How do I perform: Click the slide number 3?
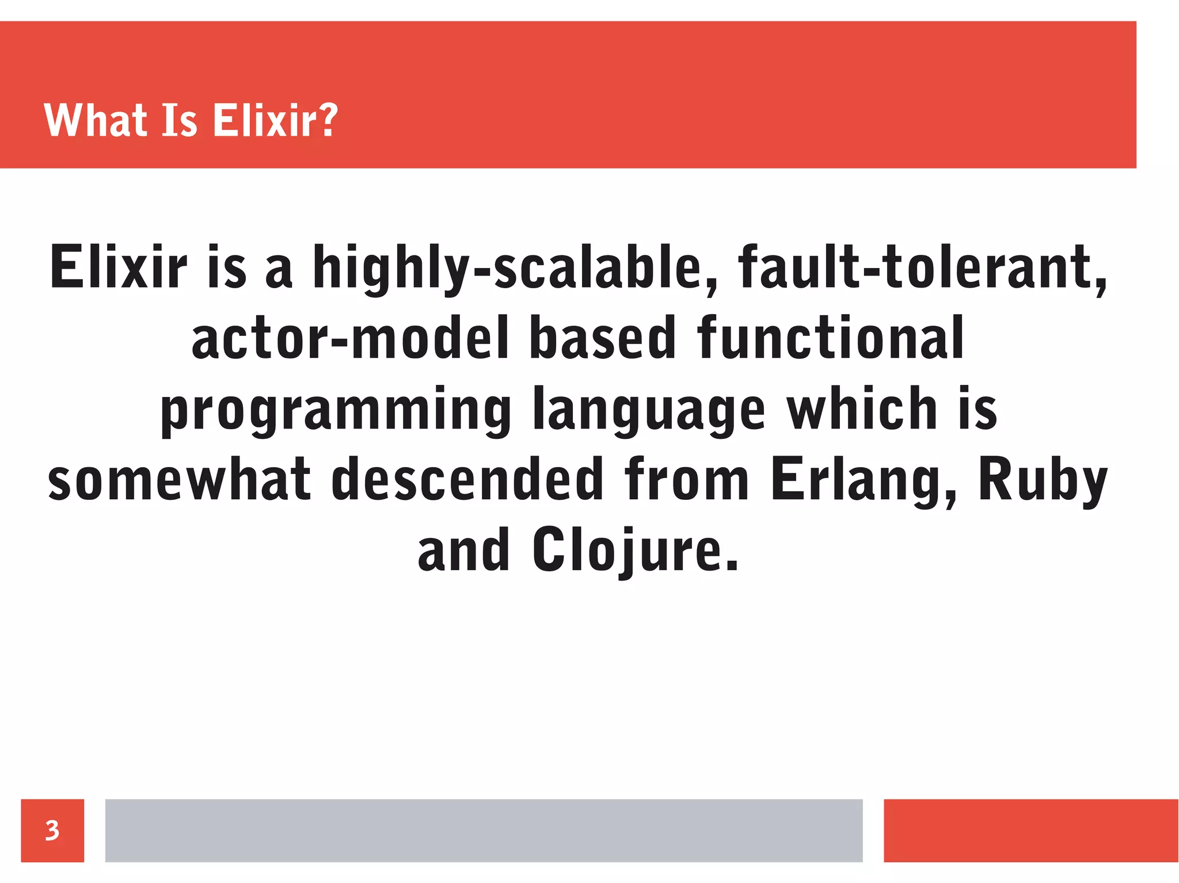pyautogui.click(x=52, y=830)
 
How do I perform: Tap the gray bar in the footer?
pyautogui.click(x=484, y=830)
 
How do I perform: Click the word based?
pyautogui.click(x=602, y=338)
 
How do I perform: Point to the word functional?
pyautogui.click(x=831, y=338)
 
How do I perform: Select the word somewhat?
pyautogui.click(x=180, y=479)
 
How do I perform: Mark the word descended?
pyautogui.click(x=467, y=479)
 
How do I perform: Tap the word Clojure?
pyautogui.click(x=634, y=551)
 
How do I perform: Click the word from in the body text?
pyautogui.click(x=687, y=479)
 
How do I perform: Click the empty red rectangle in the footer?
pyautogui.click(x=1030, y=830)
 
